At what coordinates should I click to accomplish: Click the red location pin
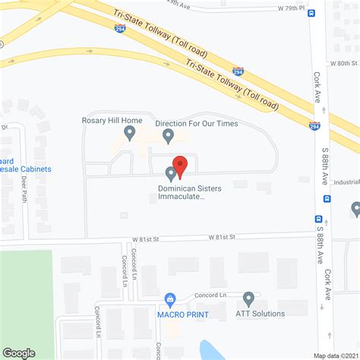pyautogui.click(x=180, y=165)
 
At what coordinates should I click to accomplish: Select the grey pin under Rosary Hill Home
pyautogui.click(x=130, y=134)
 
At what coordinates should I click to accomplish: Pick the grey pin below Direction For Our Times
pyautogui.click(x=169, y=135)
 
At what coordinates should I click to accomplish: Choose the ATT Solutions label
pyautogui.click(x=260, y=314)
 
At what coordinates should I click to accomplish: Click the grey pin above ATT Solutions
pyautogui.click(x=248, y=298)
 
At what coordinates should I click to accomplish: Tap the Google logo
pyautogui.click(x=19, y=352)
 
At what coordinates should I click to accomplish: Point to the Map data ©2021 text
pyautogui.click(x=336, y=355)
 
